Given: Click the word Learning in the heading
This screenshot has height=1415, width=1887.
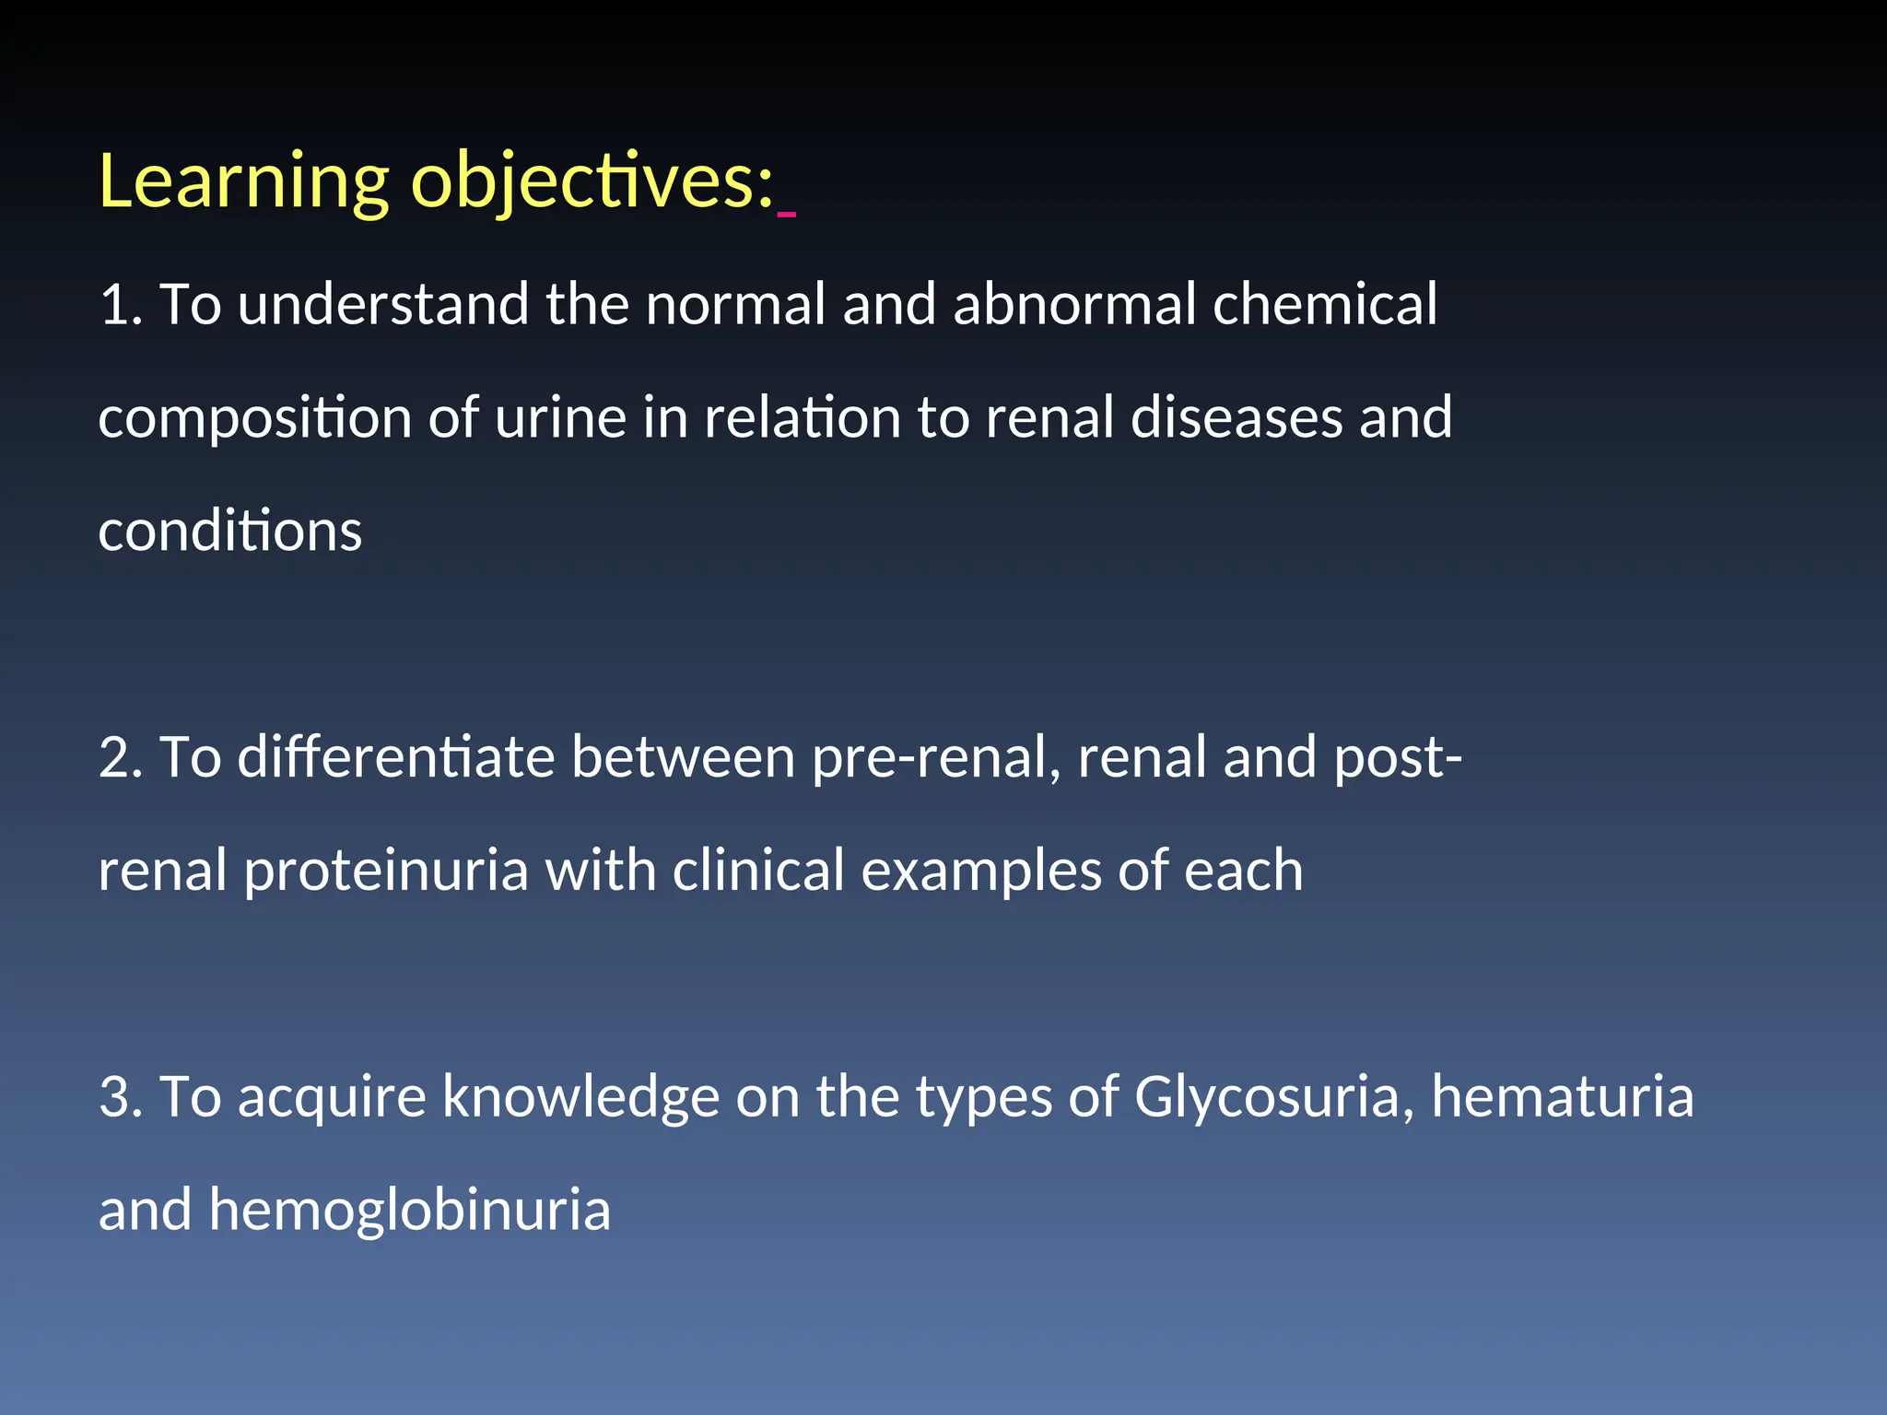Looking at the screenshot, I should coord(243,182).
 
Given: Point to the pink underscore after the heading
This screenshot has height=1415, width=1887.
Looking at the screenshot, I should coord(786,215).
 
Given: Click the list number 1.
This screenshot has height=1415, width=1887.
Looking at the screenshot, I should coord(118,305).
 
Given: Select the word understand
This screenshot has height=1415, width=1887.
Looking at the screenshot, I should coord(382,305).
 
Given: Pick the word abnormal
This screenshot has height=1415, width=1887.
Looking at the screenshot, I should coord(1073,305).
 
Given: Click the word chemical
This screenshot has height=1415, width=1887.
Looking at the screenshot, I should coord(1324,305).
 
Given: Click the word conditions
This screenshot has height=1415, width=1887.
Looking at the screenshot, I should coord(229,532).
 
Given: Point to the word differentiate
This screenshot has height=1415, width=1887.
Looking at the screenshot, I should coord(395,758).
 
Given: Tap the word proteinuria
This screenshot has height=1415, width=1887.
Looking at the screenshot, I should coord(386,871).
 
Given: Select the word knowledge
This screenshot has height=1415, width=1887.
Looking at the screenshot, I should coord(580,1097).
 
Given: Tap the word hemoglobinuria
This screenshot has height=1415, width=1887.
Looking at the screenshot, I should coord(409,1210).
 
